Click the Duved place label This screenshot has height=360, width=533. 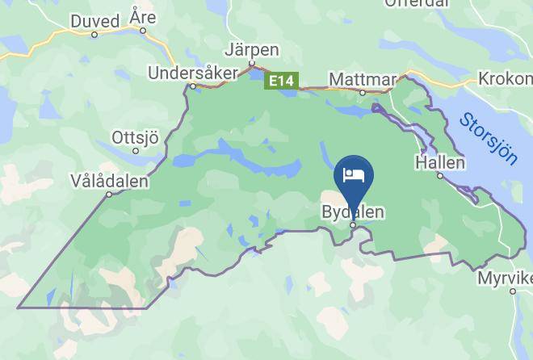(94, 20)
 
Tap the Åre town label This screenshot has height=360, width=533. (143, 17)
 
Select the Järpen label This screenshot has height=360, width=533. (253, 50)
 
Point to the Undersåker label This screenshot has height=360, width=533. (193, 73)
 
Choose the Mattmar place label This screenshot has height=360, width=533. (363, 79)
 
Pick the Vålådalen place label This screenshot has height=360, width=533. (110, 181)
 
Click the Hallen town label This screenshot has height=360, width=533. (439, 162)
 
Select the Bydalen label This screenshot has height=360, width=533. (352, 211)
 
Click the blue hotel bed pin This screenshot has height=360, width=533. (353, 176)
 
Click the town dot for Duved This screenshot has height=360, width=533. (94, 35)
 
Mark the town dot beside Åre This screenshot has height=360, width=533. (143, 31)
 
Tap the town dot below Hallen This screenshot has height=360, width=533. (440, 176)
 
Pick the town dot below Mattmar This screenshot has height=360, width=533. (363, 93)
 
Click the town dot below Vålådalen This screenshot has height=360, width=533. (110, 195)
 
